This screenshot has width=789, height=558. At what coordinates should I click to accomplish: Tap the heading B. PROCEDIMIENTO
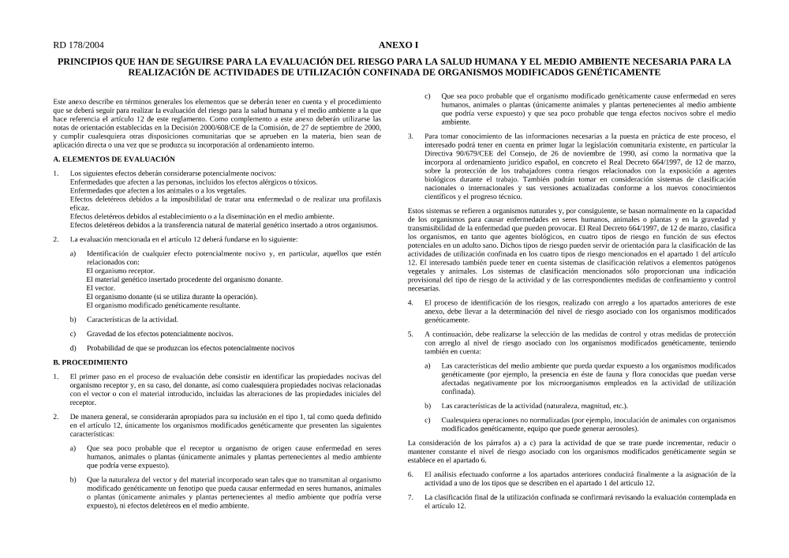click(90, 362)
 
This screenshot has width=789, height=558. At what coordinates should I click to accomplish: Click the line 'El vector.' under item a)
click(100, 288)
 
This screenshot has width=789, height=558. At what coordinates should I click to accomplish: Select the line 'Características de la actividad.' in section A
click(133, 320)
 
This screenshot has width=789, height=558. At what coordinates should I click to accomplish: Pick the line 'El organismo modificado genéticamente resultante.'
click(163, 305)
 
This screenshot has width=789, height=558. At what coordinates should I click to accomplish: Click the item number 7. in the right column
click(410, 497)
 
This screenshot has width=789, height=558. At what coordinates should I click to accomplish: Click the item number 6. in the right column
click(410, 474)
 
